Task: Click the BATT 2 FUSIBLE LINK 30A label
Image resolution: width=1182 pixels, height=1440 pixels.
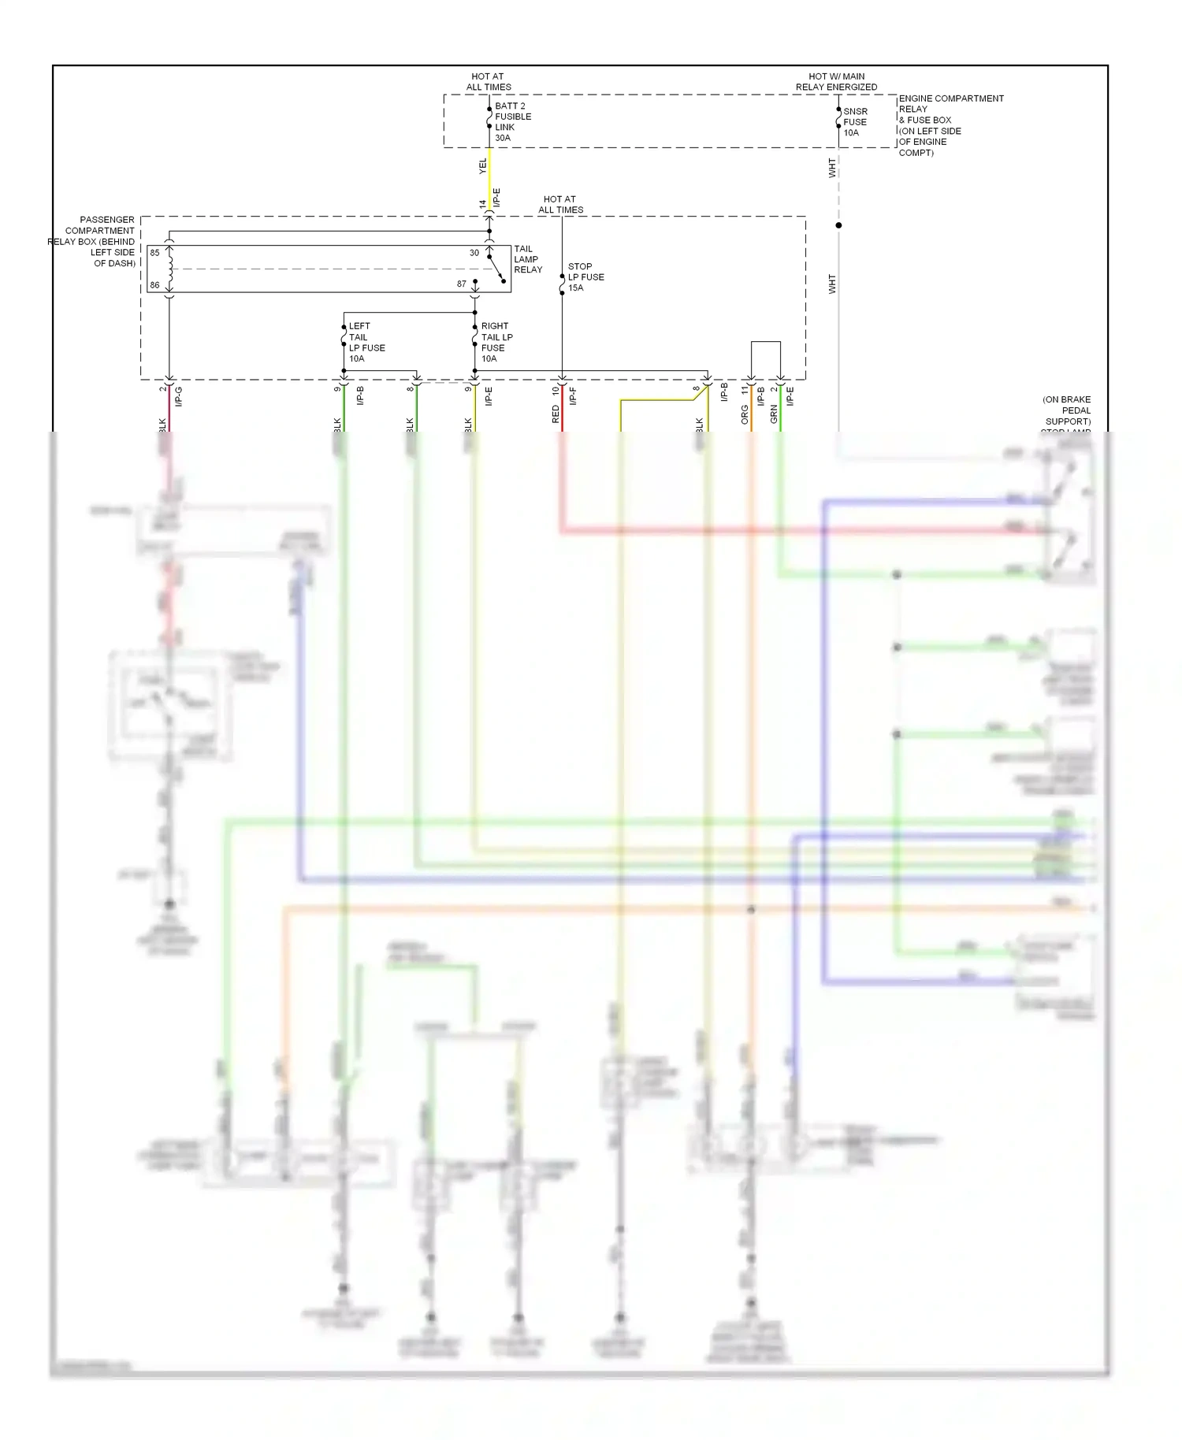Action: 512,122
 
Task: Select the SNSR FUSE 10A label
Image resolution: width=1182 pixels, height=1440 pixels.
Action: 855,122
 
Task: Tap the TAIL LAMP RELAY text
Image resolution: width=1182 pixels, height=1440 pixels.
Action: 528,259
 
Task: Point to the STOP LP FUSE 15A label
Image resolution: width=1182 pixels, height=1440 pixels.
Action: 585,277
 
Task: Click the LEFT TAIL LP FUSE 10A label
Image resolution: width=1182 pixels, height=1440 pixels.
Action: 366,342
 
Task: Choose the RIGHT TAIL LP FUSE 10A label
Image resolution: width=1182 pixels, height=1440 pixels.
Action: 496,342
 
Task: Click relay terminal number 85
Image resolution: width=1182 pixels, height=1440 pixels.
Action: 155,253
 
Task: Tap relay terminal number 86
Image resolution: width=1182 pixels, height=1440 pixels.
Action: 155,285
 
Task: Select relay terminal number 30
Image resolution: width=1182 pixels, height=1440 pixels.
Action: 474,253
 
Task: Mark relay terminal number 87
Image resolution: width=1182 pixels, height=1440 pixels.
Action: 462,284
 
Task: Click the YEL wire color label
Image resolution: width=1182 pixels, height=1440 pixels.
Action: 483,166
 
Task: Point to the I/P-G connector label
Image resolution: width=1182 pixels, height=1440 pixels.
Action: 179,396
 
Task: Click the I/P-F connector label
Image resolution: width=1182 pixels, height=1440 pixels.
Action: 573,396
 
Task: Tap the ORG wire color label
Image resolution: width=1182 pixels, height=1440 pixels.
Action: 745,414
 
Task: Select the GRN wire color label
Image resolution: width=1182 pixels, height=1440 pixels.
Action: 774,414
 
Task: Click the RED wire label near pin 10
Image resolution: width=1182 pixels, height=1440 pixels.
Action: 556,414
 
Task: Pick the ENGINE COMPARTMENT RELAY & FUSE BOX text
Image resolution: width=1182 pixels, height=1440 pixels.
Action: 950,125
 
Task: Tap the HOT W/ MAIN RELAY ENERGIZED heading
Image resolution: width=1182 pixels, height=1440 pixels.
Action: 836,82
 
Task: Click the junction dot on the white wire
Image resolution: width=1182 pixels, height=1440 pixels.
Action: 838,225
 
